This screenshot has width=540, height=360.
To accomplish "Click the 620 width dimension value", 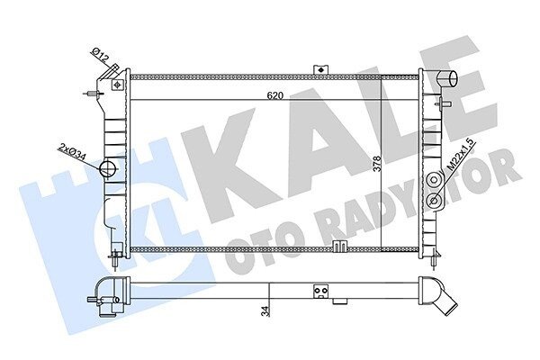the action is [274, 95].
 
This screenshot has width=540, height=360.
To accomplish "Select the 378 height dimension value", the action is [377, 164].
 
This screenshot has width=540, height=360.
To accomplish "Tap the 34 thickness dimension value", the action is [265, 310].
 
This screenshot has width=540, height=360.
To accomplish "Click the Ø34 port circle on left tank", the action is [108, 168].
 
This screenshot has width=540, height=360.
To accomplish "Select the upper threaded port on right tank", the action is [435, 180].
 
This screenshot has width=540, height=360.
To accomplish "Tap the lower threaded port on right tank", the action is [435, 200].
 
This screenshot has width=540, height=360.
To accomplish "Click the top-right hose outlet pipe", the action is [447, 78].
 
